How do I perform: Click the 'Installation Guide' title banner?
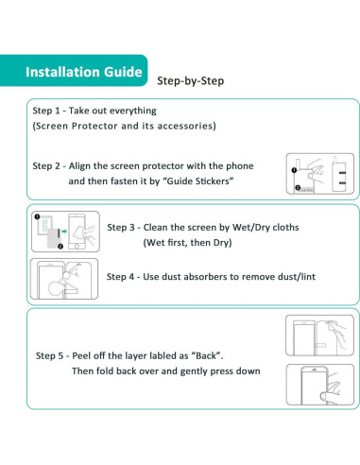pyautogui.click(x=83, y=72)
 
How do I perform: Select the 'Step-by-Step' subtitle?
pyautogui.click(x=189, y=81)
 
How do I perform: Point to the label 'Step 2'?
pyautogui.click(x=53, y=165)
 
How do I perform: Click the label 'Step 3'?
pyautogui.click(x=127, y=227)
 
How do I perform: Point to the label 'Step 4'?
pyautogui.click(x=127, y=277)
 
